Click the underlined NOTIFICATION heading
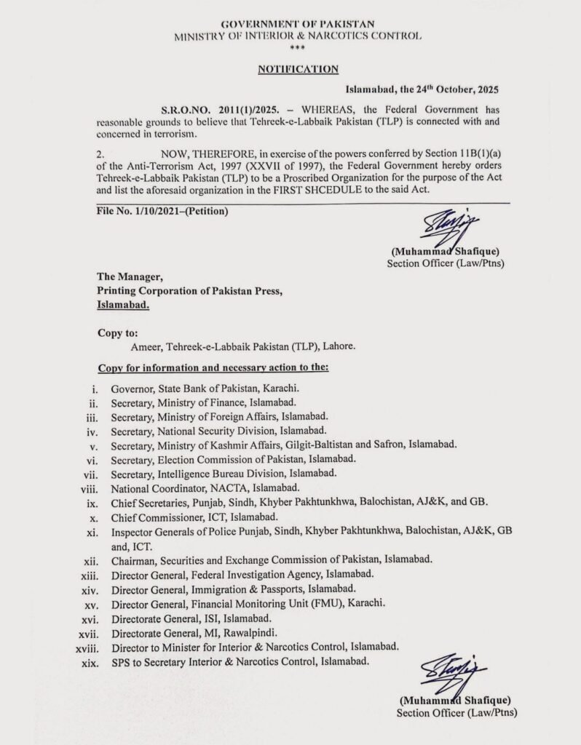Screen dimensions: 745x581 click(x=298, y=69)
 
